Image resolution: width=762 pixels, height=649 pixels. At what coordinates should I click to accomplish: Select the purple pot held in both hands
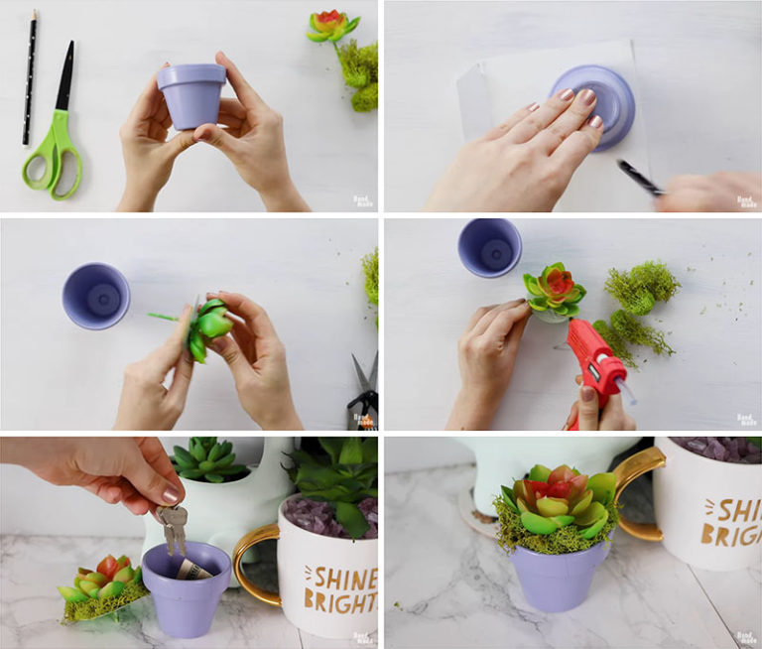coord(192,95)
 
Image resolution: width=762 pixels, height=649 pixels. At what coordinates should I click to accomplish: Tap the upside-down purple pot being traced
coord(592,106)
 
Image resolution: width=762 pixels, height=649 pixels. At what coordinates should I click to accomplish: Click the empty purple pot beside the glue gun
coord(489,247)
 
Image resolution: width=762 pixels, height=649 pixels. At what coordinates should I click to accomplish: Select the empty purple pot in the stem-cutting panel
coord(96,296)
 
